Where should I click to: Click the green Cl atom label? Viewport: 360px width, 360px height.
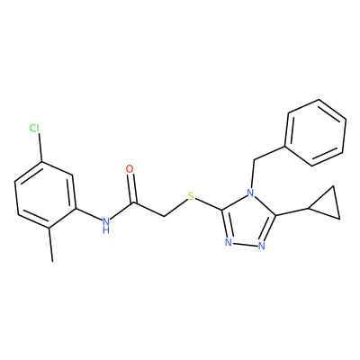pos(34,129)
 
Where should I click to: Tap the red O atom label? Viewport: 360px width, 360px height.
pos(130,169)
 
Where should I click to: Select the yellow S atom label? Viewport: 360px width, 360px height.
pos(191,197)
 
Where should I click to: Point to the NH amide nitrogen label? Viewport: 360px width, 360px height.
pos(105,225)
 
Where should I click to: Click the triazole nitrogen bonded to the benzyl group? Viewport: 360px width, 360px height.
pos(250,192)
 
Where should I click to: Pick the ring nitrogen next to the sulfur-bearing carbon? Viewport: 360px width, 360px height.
pos(229,242)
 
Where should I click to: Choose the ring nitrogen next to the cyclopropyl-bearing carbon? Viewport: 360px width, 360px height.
pos(262,246)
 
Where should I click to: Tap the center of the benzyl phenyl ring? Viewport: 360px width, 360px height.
pos(315,132)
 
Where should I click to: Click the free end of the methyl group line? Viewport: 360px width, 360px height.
pos(52,262)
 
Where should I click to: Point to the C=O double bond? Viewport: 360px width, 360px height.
pos(131,188)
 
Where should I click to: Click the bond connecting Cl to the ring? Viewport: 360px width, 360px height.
pos(40,148)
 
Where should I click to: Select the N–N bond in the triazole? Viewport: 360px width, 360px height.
pos(245,244)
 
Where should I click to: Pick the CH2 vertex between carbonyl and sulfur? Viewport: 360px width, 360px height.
pos(164,216)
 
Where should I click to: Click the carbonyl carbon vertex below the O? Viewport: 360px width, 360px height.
pos(133,203)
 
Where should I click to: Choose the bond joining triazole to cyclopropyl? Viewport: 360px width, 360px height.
pos(292,211)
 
